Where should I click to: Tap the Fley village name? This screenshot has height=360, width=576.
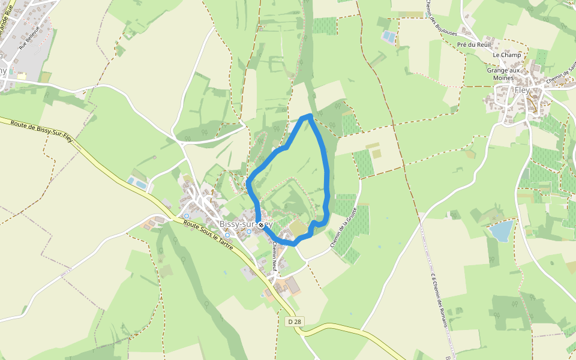(522, 90)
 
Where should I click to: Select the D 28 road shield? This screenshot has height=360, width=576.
(294, 322)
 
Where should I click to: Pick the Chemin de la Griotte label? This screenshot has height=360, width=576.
(343, 228)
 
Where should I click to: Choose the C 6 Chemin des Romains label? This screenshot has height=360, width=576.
(439, 300)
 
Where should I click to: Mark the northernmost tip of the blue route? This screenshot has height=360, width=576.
(309, 115)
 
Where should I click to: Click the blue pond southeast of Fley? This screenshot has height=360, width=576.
(501, 230)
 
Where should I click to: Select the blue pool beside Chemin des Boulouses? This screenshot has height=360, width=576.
(389, 37)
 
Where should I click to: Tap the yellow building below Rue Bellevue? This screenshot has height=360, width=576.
(22, 76)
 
